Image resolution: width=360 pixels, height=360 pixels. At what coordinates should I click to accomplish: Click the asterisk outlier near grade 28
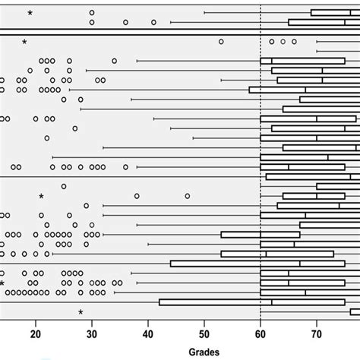pyautogui.click(x=81, y=312)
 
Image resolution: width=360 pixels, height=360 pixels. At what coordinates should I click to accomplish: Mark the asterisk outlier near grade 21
pyautogui.click(x=42, y=196)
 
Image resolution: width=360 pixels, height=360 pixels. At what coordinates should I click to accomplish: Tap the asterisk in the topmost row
pyautogui.click(x=30, y=13)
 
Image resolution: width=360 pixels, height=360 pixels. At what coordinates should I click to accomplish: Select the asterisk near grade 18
pyautogui.click(x=25, y=41)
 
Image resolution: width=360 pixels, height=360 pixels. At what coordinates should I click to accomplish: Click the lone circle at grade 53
pyautogui.click(x=221, y=41)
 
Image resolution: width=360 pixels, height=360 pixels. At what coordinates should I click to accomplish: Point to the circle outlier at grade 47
pyautogui.click(x=187, y=196)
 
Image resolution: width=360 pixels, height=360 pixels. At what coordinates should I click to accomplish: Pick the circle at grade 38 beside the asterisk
pyautogui.click(x=137, y=196)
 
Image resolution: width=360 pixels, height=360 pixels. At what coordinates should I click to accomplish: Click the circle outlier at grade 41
pyautogui.click(x=153, y=22)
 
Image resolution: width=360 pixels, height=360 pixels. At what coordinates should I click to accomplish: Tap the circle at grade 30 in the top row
pyautogui.click(x=92, y=13)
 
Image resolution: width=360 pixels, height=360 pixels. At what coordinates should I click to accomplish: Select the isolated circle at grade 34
pyautogui.click(x=114, y=60)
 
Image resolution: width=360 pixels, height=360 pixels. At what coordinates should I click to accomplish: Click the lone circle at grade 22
pyautogui.click(x=47, y=138)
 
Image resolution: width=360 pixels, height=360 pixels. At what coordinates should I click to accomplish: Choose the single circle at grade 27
pyautogui.click(x=75, y=128)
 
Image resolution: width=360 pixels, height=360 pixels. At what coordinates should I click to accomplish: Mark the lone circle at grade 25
pyautogui.click(x=64, y=186)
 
